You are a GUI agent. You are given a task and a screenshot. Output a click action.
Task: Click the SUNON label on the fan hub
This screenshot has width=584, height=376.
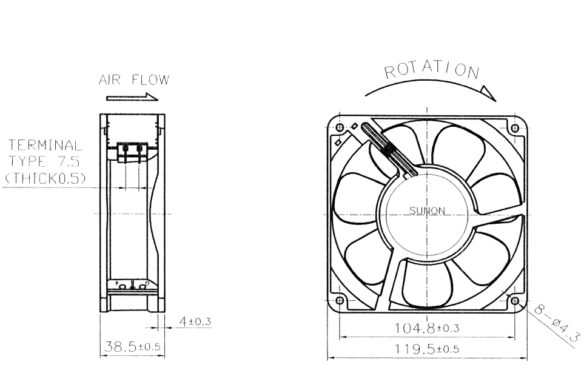(427, 210)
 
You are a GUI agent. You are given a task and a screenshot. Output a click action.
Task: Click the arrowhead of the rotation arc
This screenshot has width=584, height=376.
(488, 93)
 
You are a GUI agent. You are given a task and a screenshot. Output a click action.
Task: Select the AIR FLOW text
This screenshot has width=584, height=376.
(133, 79)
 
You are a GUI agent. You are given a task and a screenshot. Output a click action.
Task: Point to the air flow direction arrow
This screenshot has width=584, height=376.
(132, 98)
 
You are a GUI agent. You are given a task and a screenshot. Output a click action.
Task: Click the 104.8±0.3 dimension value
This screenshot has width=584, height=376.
(426, 328)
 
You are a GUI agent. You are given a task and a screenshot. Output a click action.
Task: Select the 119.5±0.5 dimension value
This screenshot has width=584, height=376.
(426, 349)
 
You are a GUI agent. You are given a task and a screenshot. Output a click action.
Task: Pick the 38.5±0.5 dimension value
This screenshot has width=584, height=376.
(132, 347)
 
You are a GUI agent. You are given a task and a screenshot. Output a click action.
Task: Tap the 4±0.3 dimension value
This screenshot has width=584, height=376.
(195, 321)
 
